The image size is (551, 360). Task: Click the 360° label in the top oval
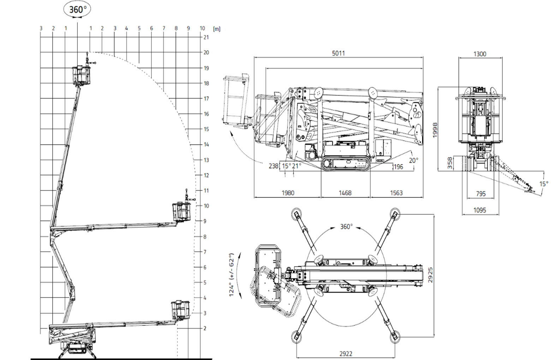click(x=78, y=10)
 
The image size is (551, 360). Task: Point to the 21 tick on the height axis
click(x=206, y=37)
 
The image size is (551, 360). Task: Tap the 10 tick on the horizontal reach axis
click(x=202, y=28)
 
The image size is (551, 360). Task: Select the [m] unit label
click(x=217, y=29)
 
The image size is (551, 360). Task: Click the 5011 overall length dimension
click(x=338, y=53)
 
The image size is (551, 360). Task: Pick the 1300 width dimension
click(x=480, y=54)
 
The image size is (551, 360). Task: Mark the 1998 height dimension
click(x=435, y=130)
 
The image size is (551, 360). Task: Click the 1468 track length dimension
click(x=345, y=193)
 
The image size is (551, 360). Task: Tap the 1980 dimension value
click(x=288, y=193)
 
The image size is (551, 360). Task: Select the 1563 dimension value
click(x=396, y=193)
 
